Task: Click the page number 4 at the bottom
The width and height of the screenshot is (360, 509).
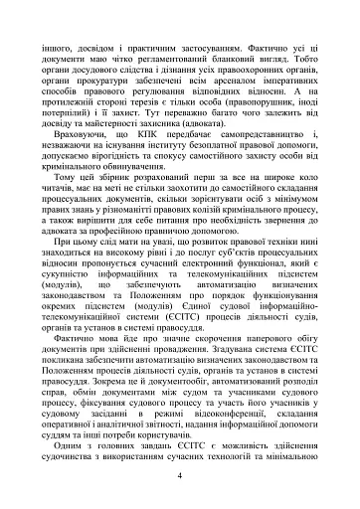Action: pyautogui.click(x=178, y=477)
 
